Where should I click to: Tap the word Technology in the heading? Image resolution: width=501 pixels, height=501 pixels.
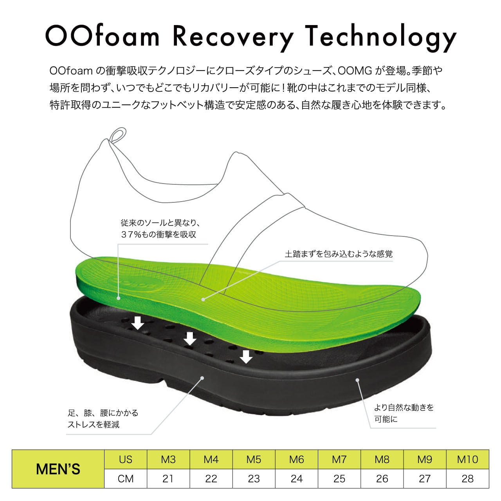pos(380,37)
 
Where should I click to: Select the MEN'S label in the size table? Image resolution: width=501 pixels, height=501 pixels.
pos(58,469)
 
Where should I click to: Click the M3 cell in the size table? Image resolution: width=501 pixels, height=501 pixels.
pos(168,460)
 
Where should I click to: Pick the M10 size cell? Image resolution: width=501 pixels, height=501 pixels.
pos(467,460)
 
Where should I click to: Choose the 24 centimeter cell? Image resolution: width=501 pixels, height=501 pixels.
pos(297,479)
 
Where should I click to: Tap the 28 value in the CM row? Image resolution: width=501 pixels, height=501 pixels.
pos(467,479)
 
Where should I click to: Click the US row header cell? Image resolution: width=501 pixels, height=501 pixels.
pos(126,460)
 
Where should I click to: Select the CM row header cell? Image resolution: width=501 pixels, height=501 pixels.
pos(126,479)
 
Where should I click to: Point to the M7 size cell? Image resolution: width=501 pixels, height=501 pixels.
pos(339,460)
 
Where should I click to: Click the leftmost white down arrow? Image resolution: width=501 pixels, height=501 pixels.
pos(137,323)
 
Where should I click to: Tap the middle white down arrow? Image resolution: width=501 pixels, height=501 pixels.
pos(190,338)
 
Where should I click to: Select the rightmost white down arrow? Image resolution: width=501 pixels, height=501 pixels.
pos(246,357)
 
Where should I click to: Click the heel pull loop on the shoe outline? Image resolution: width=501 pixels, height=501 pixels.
pos(117,135)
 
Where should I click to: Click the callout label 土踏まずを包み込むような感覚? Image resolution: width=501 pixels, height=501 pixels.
pos(339,254)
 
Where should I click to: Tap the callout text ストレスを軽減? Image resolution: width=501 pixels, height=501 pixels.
pos(94,425)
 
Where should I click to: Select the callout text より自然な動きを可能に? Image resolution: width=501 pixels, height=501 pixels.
pos(403,413)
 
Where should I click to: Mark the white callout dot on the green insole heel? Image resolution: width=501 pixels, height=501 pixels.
pos(118,298)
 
